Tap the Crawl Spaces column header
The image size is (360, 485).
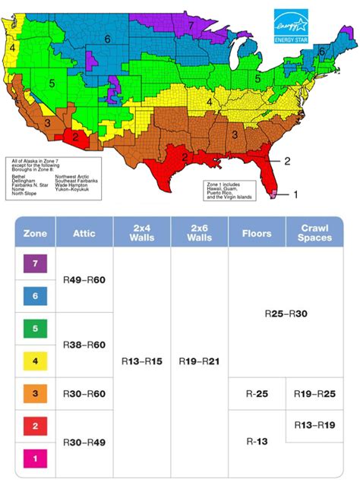coord(314,233)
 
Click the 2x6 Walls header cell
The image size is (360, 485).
coord(199,233)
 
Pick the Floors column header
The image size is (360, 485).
coord(257,233)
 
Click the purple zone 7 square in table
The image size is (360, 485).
coord(34,264)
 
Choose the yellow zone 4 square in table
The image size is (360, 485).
coord(34,362)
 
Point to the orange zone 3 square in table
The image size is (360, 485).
coord(34,395)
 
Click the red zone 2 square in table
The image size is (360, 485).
coord(34,427)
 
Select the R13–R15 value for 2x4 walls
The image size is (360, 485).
coord(142,361)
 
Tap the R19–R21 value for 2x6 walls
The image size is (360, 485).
coord(199,361)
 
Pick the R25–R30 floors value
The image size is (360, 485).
coord(286,313)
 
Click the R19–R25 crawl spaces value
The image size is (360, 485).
coord(314,394)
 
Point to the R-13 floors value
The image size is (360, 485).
coord(257,440)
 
